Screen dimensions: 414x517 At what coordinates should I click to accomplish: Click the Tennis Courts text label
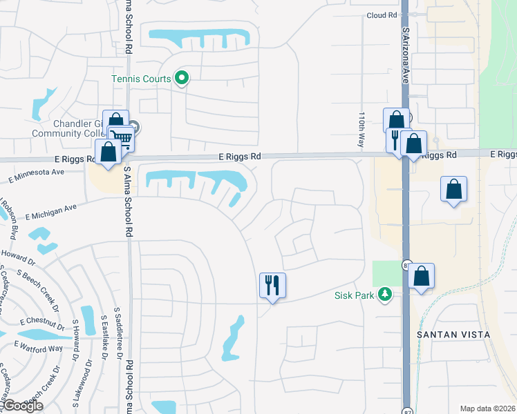pyautogui.click(x=141, y=79)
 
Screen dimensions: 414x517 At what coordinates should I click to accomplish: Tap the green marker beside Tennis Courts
pyautogui.click(x=182, y=79)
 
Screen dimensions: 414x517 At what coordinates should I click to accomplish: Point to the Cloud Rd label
pyautogui.click(x=382, y=14)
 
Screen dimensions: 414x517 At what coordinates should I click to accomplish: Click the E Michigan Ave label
pyautogui.click(x=51, y=212)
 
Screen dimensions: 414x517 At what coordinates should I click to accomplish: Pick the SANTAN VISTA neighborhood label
pyautogui.click(x=453, y=334)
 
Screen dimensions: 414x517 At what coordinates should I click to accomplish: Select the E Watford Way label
pyautogui.click(x=41, y=348)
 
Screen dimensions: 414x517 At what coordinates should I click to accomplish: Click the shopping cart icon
pyautogui.click(x=122, y=138)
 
